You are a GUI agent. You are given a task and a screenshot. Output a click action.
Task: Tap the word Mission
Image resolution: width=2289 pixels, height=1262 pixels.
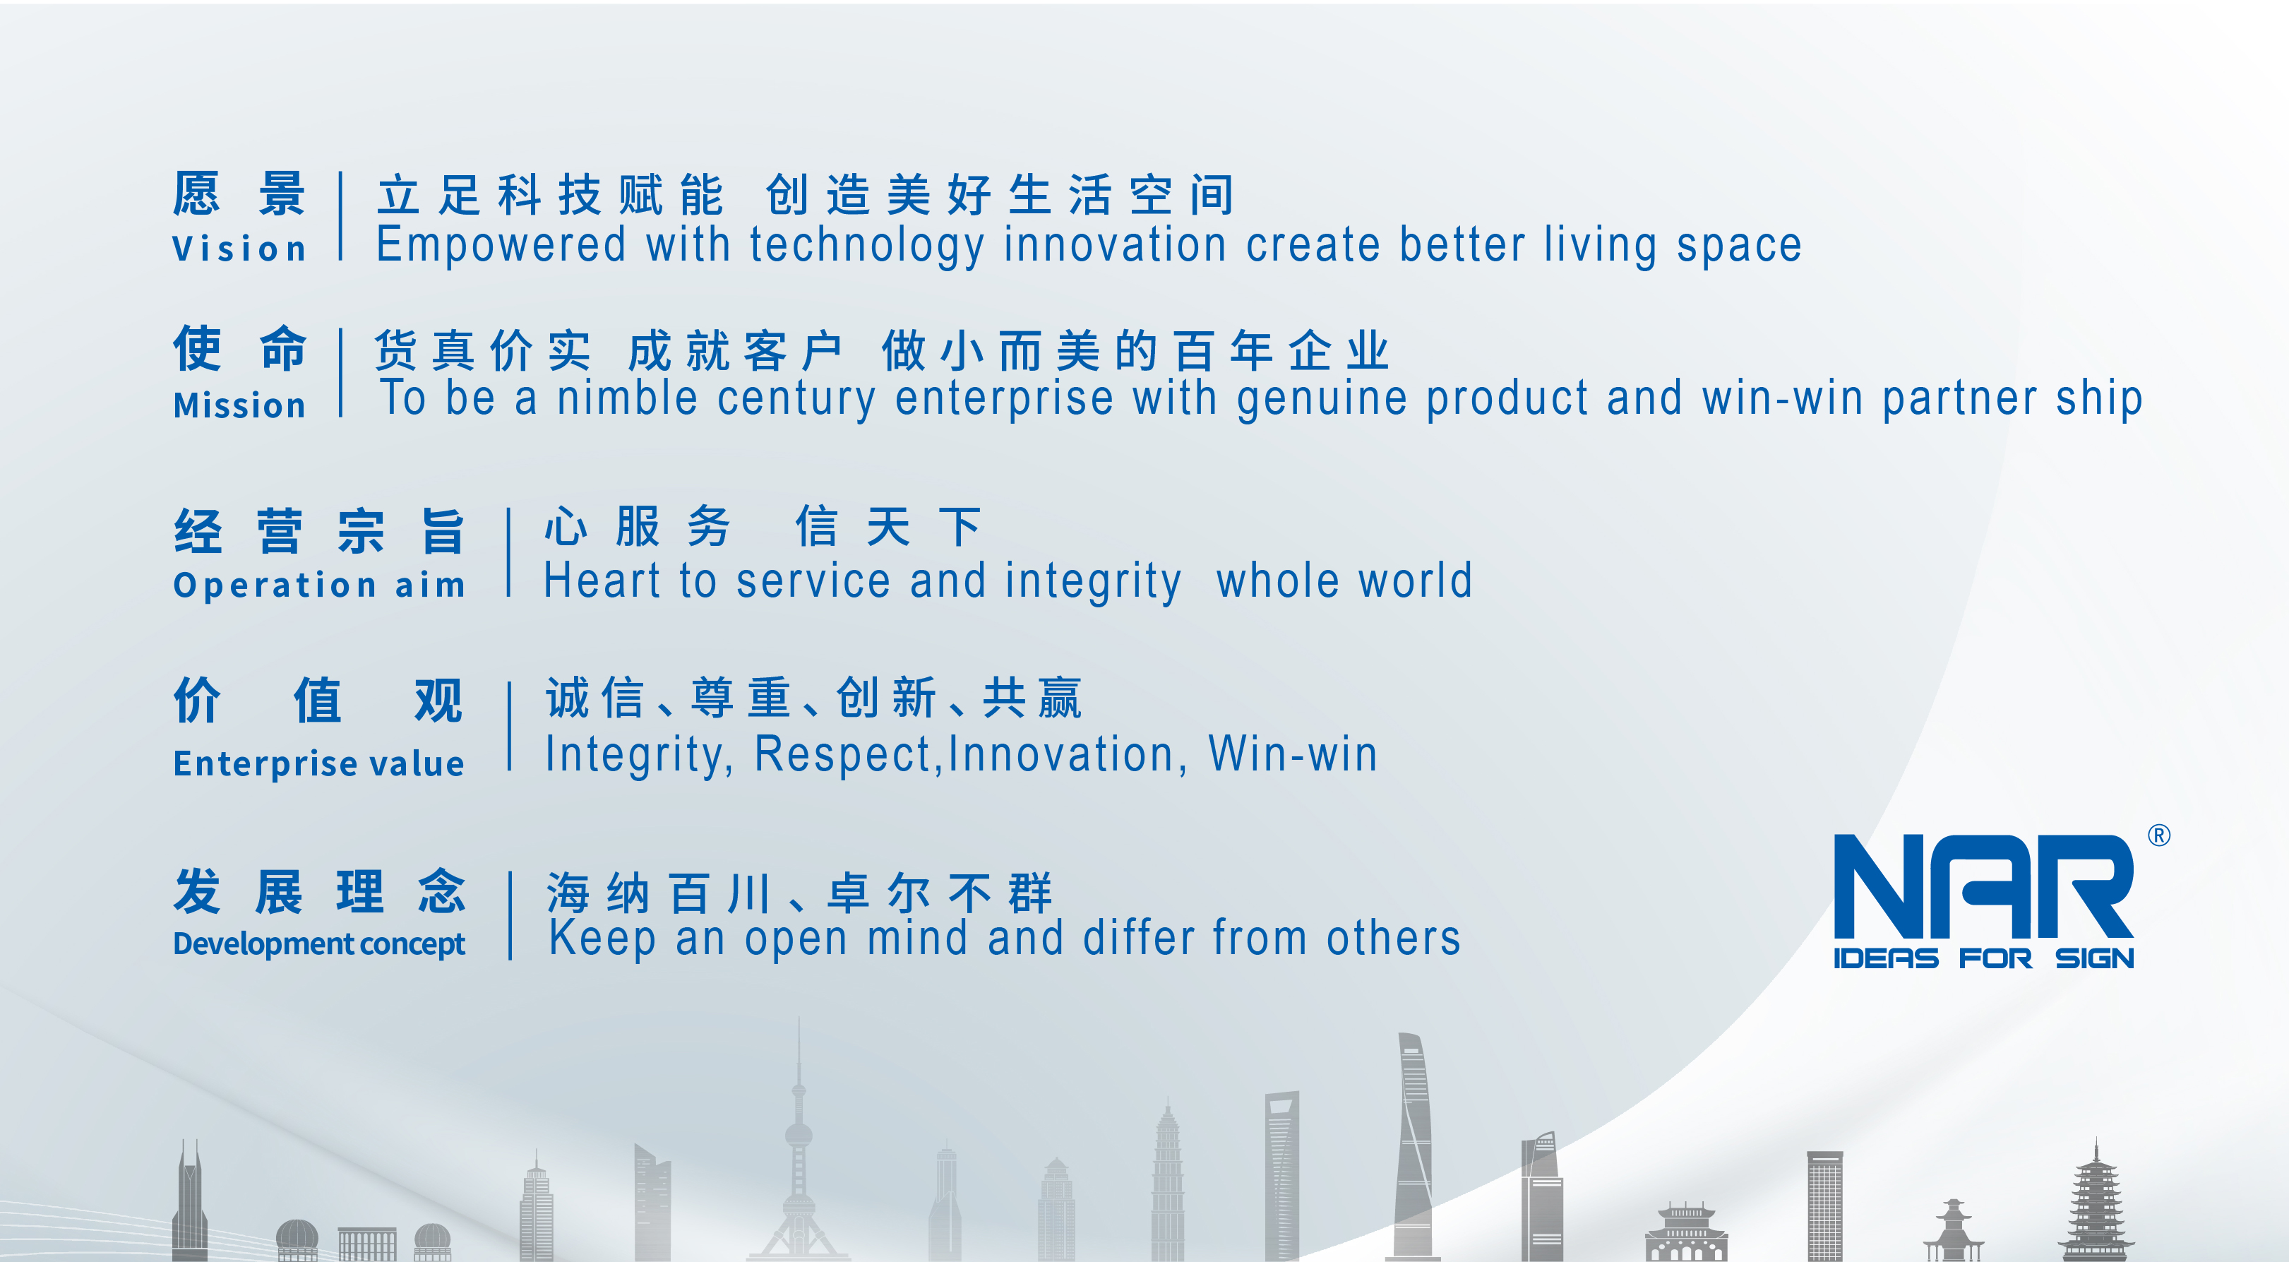coord(239,405)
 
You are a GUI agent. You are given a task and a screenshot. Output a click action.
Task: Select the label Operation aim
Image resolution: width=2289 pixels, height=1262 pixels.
coord(319,585)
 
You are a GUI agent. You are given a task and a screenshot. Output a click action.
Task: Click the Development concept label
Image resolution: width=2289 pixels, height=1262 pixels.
coord(318,943)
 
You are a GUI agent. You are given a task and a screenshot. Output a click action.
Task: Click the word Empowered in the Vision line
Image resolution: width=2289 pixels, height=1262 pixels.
coord(501,245)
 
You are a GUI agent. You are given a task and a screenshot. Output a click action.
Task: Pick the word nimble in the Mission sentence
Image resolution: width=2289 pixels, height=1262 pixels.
coord(626,398)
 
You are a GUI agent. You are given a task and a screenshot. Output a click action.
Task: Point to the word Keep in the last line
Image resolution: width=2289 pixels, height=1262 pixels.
coord(602,939)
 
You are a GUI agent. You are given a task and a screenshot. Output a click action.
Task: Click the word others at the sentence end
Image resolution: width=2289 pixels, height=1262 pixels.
coord(1393,939)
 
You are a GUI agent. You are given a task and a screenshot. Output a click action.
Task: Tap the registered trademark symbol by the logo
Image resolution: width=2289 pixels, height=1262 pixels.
coord(2158,835)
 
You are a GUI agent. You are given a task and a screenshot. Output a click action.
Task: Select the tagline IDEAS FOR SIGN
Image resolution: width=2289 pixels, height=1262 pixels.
coord(1983,959)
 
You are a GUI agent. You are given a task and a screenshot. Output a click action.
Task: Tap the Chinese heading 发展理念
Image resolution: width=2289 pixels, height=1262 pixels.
coord(319,891)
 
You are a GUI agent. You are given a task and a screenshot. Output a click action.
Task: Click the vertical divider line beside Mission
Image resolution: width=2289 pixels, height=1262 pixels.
coord(341,374)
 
